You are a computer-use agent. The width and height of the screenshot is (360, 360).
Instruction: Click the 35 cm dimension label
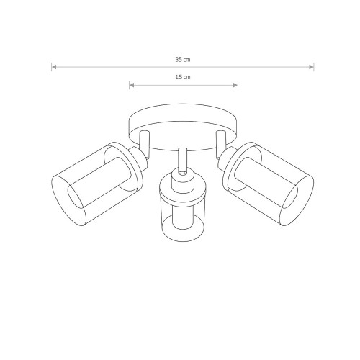tap(183, 60)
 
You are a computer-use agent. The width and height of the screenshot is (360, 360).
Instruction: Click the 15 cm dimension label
tap(183, 77)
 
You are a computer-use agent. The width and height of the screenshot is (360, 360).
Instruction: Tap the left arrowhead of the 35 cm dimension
tap(54, 67)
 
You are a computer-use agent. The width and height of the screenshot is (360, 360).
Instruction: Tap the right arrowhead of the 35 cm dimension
tap(311, 67)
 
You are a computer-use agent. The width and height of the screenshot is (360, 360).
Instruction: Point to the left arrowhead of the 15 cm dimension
tap(132, 85)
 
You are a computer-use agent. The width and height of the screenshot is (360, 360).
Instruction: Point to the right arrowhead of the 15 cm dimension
tap(235, 85)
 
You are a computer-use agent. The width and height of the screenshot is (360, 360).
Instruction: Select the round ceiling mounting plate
tap(184, 127)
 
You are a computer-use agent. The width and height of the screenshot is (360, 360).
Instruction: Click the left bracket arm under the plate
tap(145, 145)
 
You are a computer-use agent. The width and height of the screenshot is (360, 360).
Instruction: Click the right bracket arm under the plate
tap(221, 143)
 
